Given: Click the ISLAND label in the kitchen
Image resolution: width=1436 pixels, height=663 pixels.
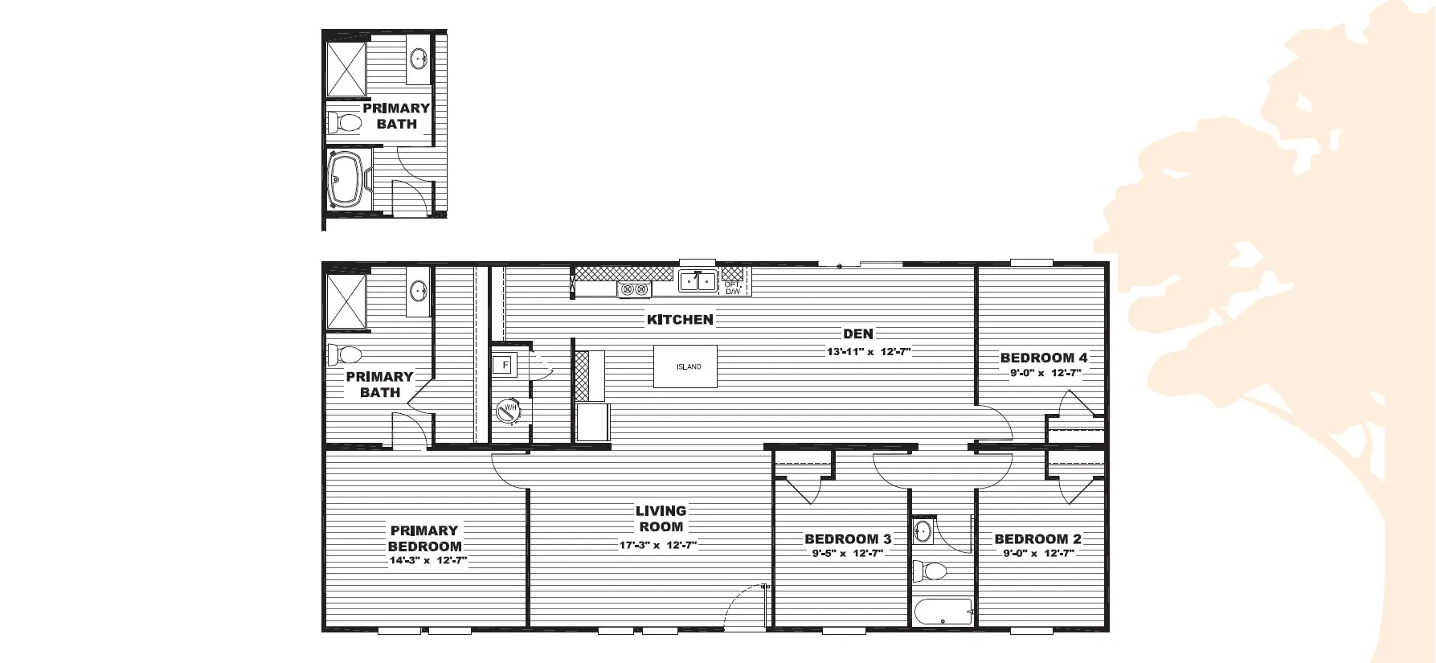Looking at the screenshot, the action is (x=689, y=367).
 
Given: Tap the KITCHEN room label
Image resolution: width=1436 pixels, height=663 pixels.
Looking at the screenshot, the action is (x=680, y=320).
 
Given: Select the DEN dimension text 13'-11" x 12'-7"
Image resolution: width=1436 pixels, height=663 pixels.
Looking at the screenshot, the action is (x=869, y=352).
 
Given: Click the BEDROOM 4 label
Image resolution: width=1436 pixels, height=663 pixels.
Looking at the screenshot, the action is (x=1044, y=358).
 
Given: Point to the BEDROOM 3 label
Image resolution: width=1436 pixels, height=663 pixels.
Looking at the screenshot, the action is (x=848, y=539).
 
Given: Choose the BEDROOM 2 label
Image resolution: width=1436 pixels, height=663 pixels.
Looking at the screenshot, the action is (x=1037, y=539).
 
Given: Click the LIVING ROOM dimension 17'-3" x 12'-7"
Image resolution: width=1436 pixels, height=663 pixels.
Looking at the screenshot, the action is (x=657, y=545).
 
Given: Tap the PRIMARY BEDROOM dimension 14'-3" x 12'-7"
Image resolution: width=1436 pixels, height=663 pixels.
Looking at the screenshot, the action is (x=428, y=562).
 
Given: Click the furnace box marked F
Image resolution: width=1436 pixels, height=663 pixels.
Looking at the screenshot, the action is (x=505, y=366).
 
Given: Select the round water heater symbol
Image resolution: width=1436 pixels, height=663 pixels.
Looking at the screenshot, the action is (x=509, y=411).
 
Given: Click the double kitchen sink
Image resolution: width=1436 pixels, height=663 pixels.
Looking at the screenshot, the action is (x=697, y=281).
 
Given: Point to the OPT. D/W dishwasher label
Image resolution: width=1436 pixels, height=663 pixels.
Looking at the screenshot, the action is (x=733, y=288).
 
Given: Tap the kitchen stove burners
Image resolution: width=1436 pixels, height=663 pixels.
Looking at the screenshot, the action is (x=634, y=289).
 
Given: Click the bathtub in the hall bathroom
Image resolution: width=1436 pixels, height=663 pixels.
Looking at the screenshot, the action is (x=943, y=612).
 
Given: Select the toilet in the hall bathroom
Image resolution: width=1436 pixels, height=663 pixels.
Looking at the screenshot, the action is (x=930, y=571).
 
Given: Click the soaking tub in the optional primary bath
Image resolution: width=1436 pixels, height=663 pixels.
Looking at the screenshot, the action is (x=348, y=180).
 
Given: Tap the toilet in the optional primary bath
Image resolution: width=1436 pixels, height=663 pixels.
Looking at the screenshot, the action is (x=345, y=123).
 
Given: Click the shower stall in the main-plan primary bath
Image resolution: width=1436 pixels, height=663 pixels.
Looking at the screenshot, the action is (x=346, y=301).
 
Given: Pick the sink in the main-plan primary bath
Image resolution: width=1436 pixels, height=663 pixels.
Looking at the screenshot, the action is (x=419, y=290).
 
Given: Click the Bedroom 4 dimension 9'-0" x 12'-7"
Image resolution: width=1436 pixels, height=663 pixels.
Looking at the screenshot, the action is (x=1045, y=373).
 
